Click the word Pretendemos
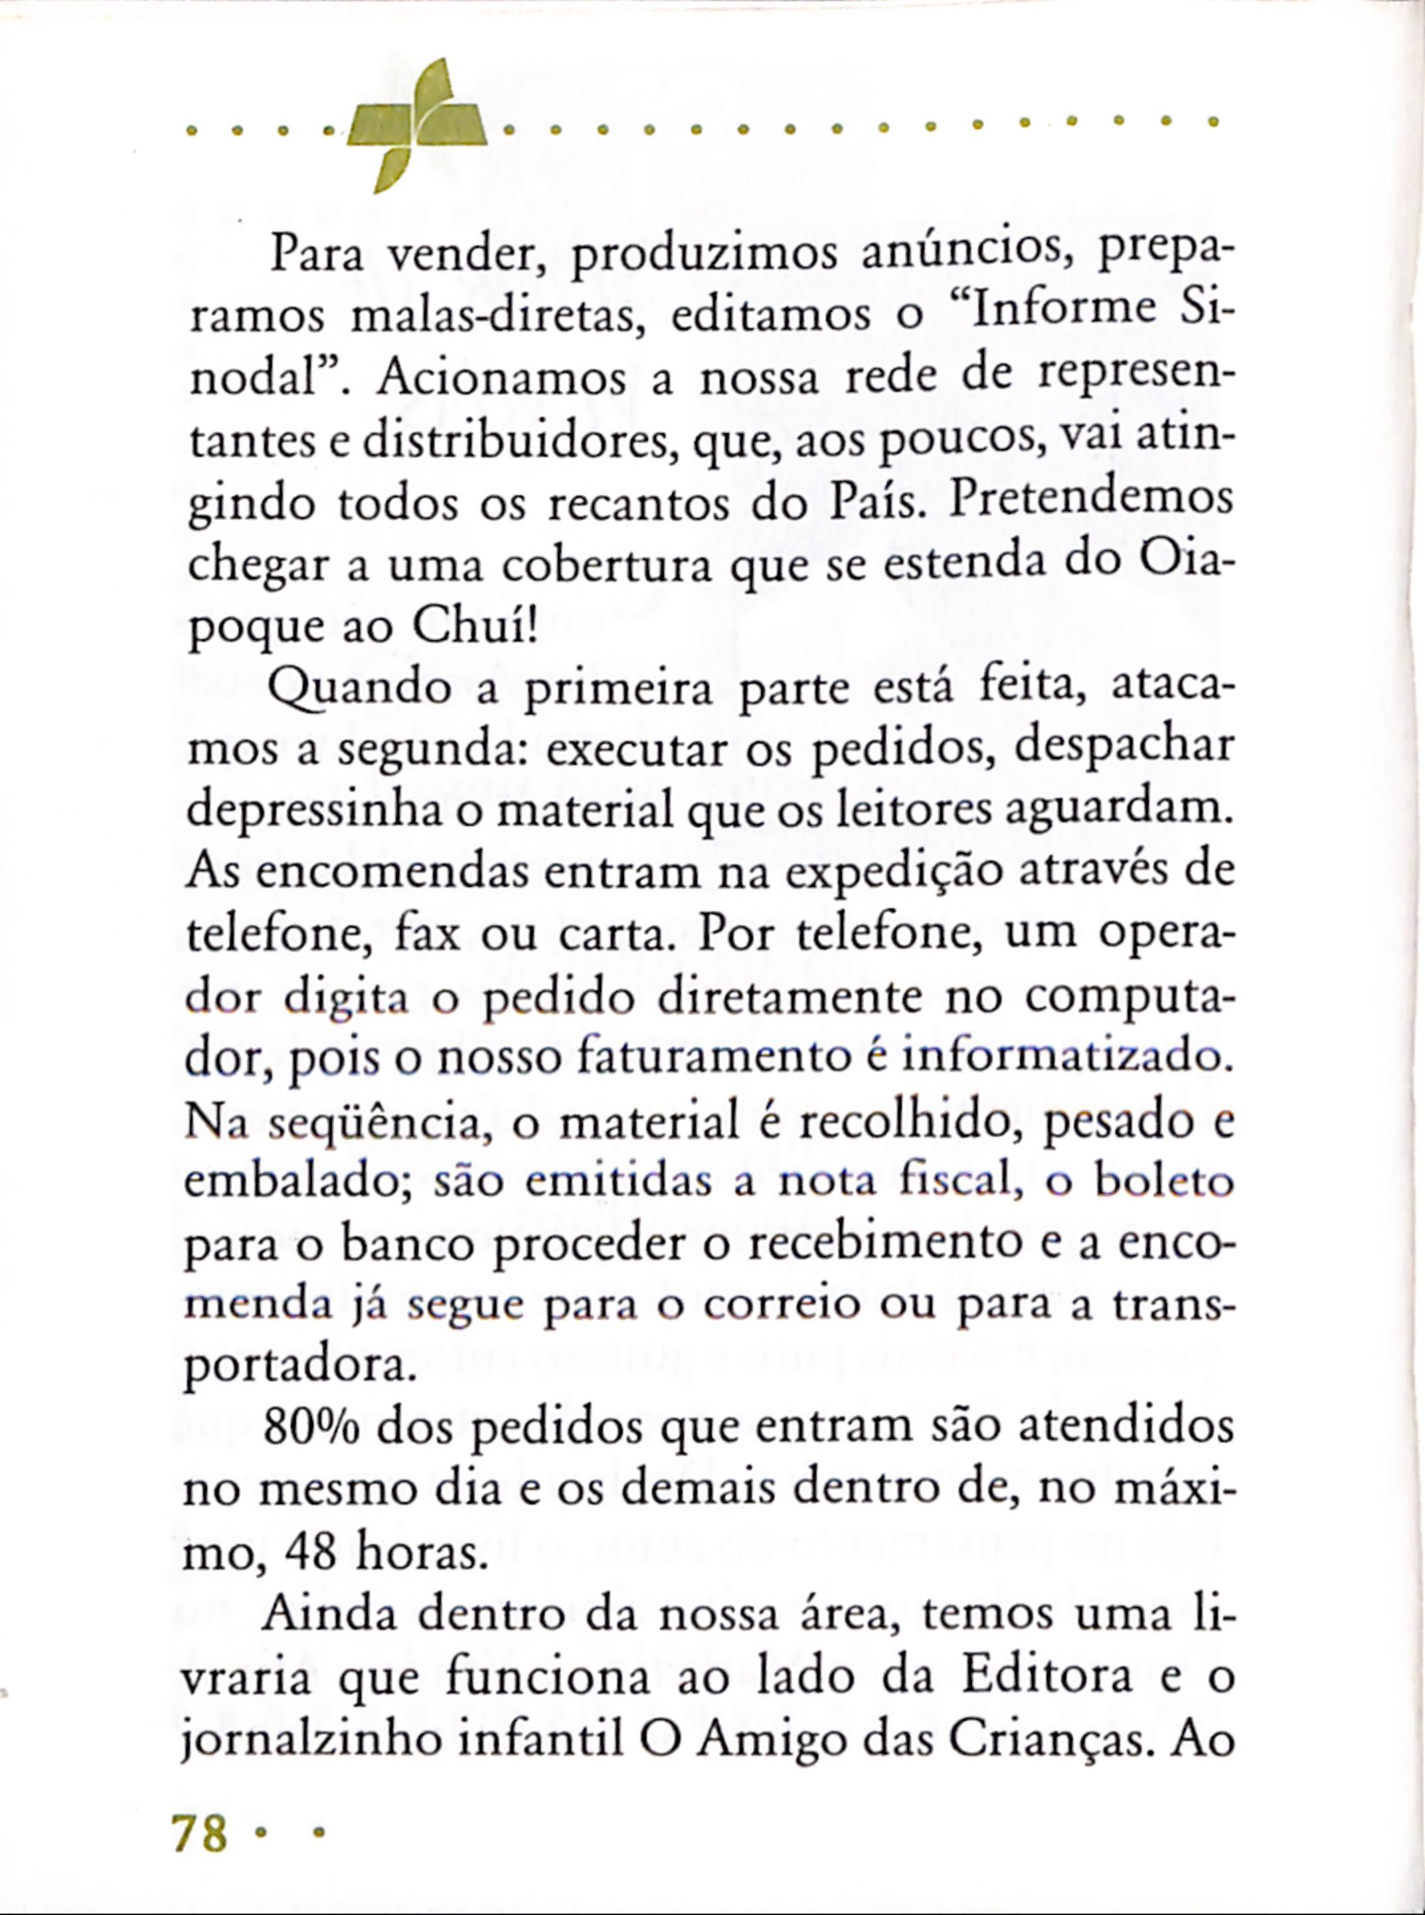click(x=1088, y=505)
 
